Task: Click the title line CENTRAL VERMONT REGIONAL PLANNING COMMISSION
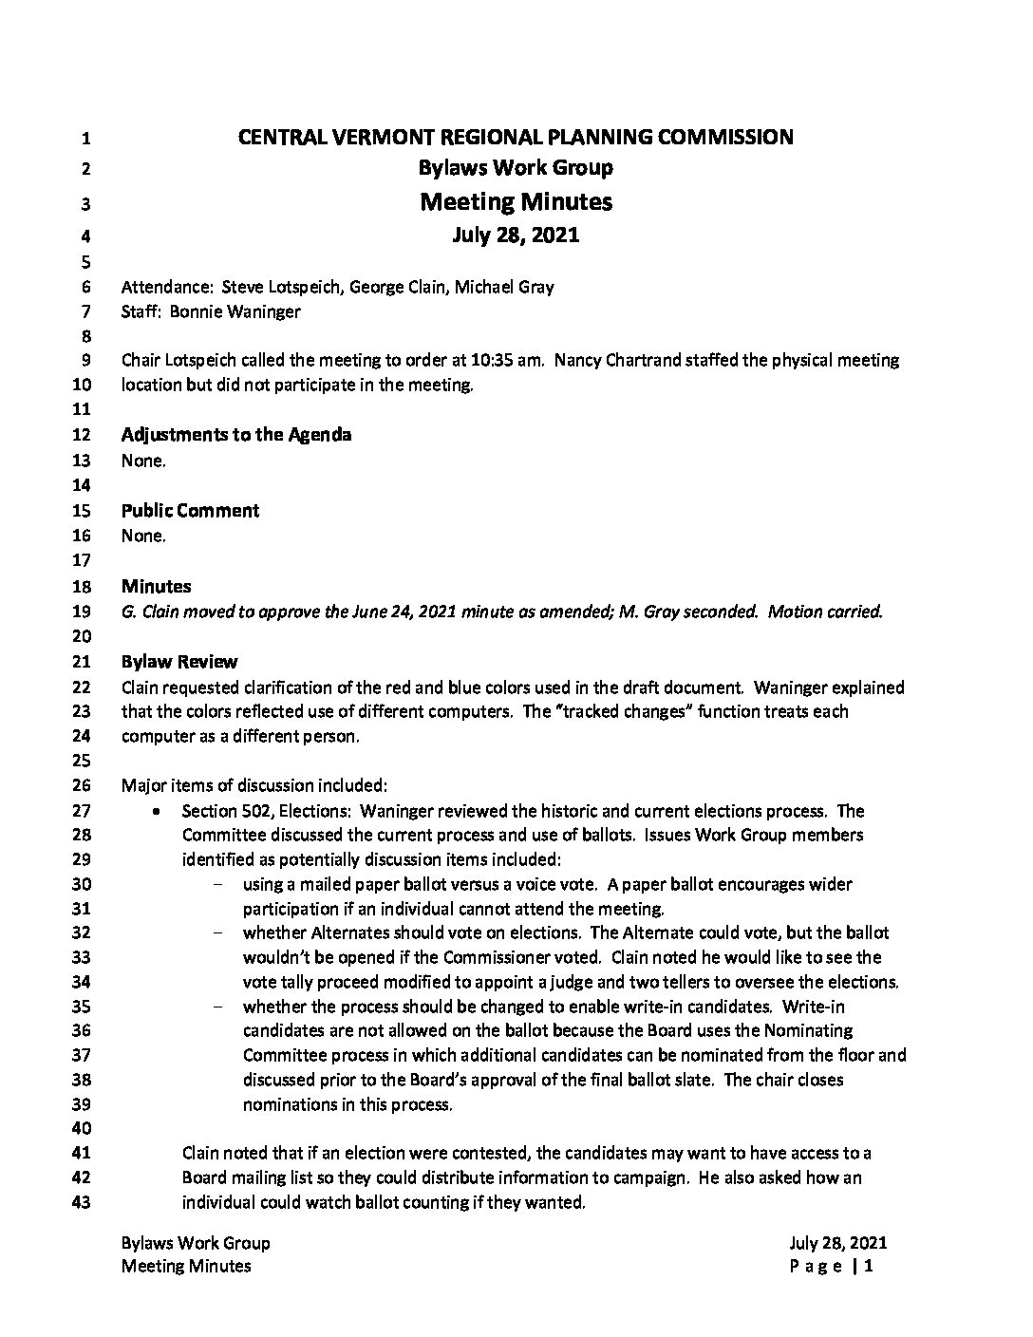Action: click(516, 137)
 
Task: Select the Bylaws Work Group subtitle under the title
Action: click(516, 168)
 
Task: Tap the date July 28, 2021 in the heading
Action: click(516, 235)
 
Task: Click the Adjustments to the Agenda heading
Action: click(236, 435)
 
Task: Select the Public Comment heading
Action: click(190, 511)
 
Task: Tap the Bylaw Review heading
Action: click(179, 662)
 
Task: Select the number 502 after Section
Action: click(252, 811)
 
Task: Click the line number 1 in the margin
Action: click(85, 139)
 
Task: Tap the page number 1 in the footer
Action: click(868, 1266)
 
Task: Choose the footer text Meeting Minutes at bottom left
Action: click(186, 1266)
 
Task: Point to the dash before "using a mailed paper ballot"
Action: click(219, 885)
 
